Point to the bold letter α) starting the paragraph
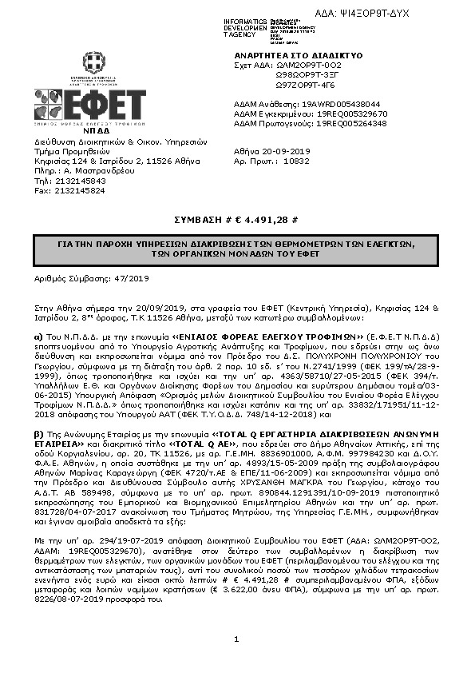[38, 336]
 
